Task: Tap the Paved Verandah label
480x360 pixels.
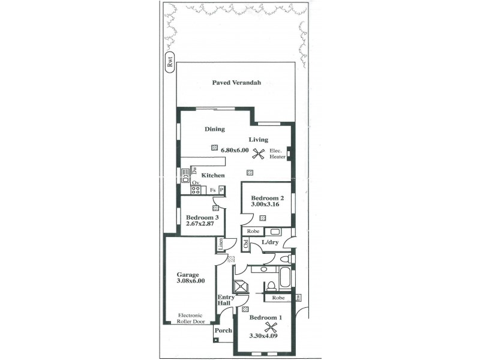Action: point(236,83)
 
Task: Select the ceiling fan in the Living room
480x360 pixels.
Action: point(259,154)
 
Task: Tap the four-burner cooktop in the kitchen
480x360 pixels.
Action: point(195,190)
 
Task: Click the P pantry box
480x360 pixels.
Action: point(221,190)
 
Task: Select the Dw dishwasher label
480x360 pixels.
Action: point(194,170)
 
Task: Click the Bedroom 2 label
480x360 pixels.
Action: point(266,198)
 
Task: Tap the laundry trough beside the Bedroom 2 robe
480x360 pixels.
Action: point(275,231)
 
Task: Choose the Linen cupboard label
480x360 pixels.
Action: point(220,245)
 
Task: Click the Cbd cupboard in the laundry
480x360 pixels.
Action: point(246,244)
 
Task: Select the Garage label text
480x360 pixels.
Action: point(187,275)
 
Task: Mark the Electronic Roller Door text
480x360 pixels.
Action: point(190,318)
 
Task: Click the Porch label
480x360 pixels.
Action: point(223,331)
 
